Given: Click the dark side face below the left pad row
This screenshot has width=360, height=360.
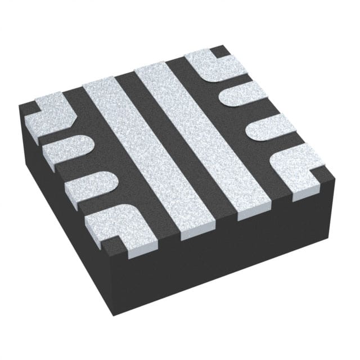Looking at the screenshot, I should [67, 225].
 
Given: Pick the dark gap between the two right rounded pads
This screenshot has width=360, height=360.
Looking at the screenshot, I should [256, 112].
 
